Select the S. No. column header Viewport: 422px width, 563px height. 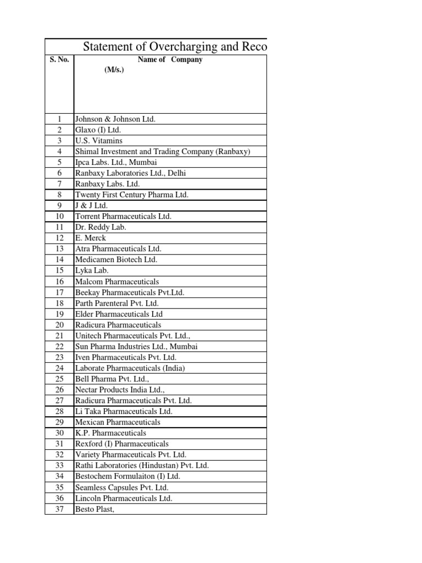point(59,60)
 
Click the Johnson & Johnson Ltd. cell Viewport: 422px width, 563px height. point(115,119)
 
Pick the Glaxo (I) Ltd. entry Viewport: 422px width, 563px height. point(98,130)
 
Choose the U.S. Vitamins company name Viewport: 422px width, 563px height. point(99,141)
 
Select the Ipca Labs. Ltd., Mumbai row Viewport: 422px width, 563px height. point(116,162)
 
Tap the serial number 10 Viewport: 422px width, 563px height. point(60,217)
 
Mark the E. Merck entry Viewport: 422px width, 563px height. point(91,238)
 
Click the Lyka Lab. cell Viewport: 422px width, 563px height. point(92,271)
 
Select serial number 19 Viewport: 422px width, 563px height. point(60,314)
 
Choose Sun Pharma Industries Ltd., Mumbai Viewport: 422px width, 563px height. point(136,346)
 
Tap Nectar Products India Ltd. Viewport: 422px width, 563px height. point(120,390)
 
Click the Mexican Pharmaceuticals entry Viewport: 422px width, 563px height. point(118,422)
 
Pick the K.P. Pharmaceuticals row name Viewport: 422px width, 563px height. point(110,433)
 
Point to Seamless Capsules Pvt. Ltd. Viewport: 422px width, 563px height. point(122,488)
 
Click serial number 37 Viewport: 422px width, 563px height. point(60,509)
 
